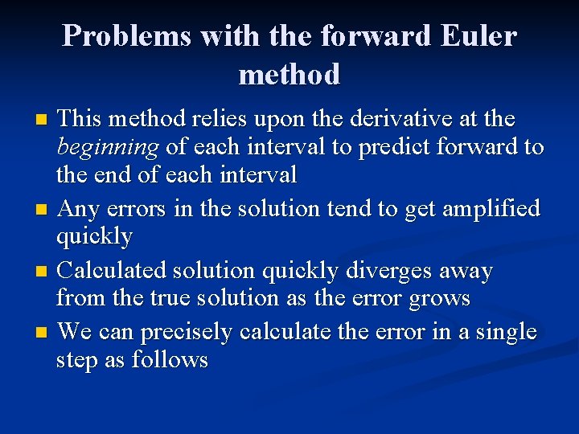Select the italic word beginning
tap(107, 148)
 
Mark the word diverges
tap(386, 270)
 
